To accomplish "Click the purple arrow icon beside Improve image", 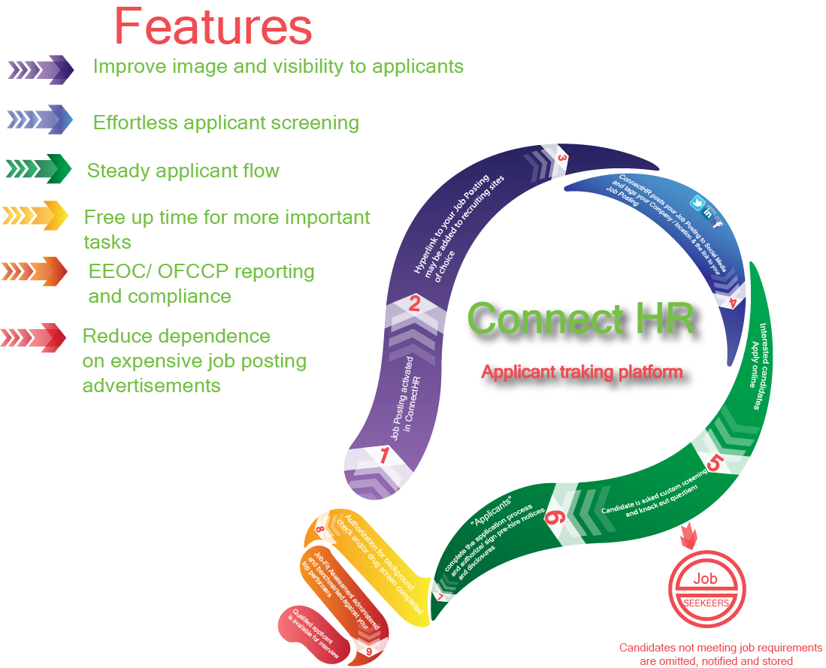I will point(41,70).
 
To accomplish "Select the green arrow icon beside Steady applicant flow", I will point(38,168).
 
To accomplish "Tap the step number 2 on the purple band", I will point(413,304).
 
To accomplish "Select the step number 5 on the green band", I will point(713,463).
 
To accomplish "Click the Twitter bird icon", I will point(696,203).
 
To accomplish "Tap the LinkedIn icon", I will point(708,213).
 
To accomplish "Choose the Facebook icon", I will point(718,223).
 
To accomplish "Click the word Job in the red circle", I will point(705,579).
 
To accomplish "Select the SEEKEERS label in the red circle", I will point(705,602).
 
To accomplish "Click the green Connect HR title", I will point(580,319).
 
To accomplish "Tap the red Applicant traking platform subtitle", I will point(582,371).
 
